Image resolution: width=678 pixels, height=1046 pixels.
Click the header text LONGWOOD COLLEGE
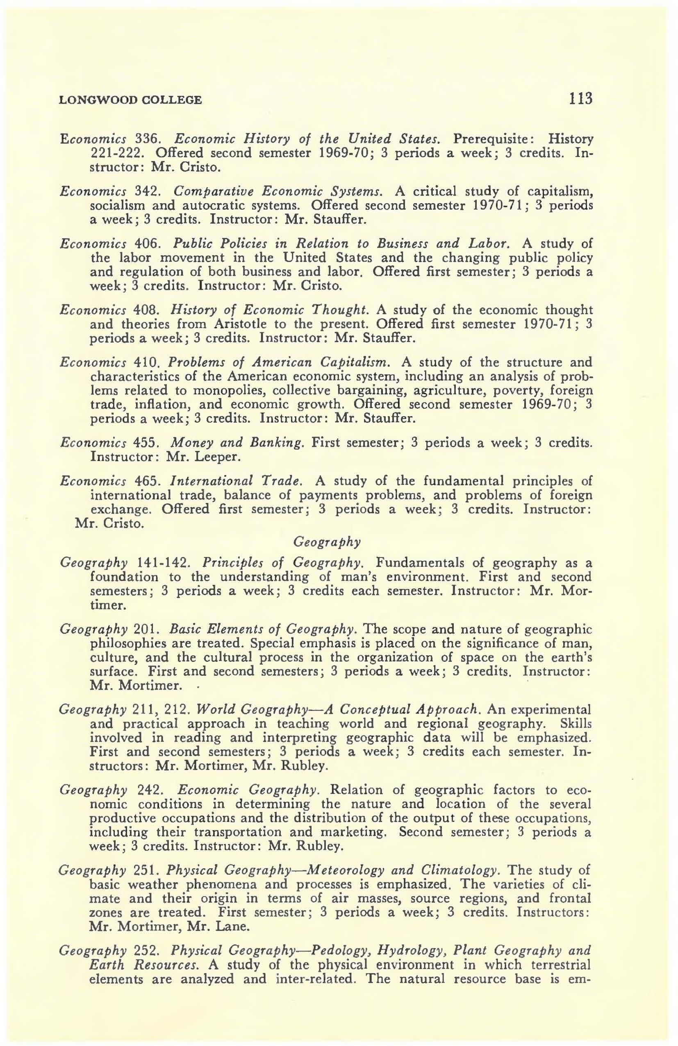point(131,100)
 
